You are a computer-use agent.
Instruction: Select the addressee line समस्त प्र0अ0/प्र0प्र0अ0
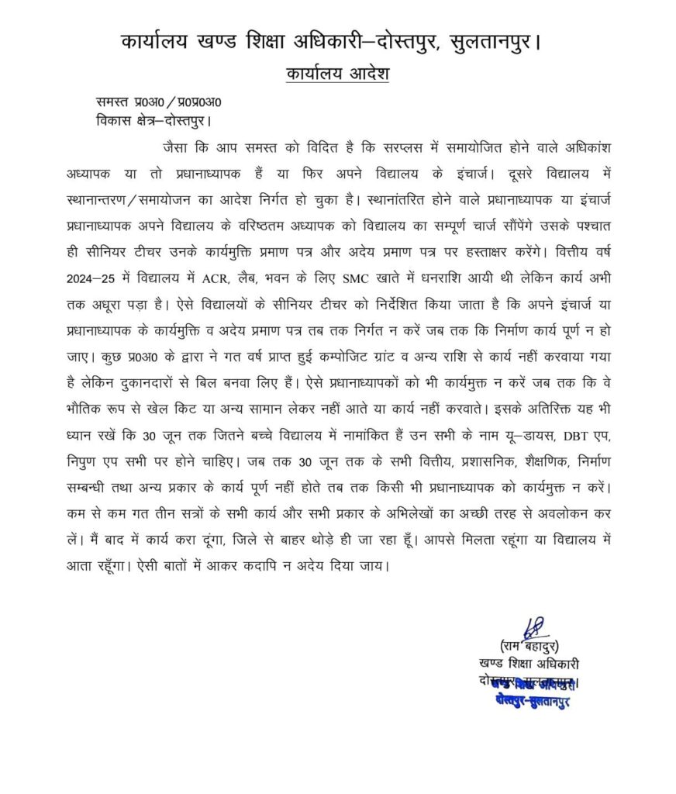pyautogui.click(x=159, y=102)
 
